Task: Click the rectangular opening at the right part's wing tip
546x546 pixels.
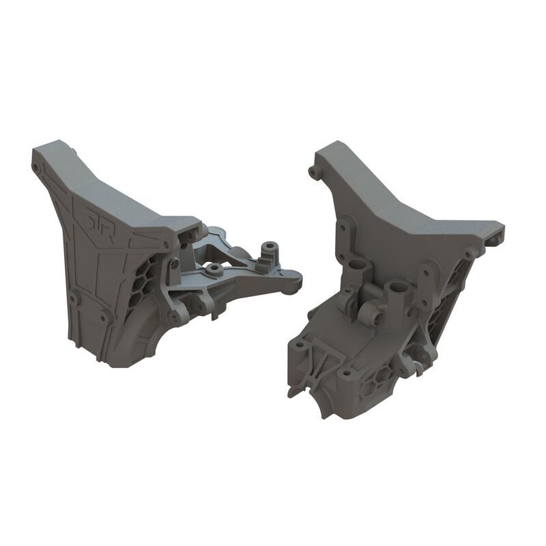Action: click(495, 240)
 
